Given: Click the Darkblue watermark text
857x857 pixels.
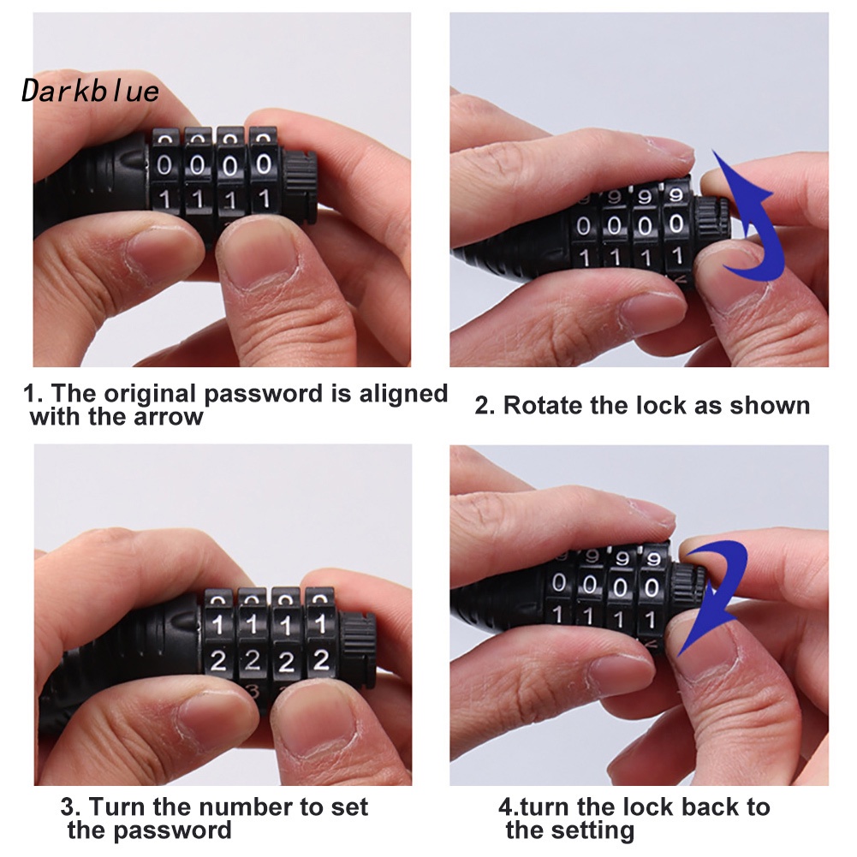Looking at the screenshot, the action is click(x=90, y=91).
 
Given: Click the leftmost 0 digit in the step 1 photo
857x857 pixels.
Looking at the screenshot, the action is click(x=164, y=164).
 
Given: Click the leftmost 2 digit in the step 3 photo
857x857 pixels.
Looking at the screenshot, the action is click(x=218, y=661).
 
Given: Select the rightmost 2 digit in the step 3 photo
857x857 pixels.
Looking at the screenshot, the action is click(x=321, y=660).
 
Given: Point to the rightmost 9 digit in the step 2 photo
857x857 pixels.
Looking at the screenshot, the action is click(x=676, y=195).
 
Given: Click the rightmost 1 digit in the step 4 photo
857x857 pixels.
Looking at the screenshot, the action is click(x=650, y=620).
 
